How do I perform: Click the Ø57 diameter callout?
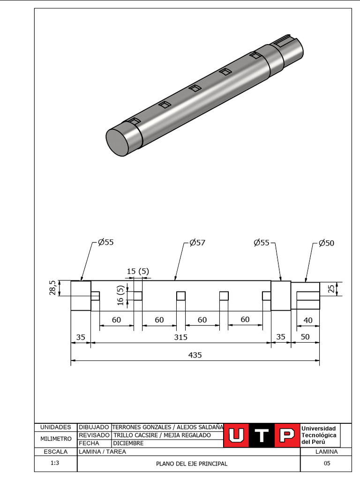[197, 243]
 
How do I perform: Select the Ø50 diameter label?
[326, 243]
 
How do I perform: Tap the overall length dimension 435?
[195, 355]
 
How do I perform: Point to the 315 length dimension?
[180, 337]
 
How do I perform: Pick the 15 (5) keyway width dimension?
[138, 271]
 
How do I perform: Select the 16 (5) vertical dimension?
[120, 296]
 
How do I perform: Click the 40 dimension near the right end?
[308, 320]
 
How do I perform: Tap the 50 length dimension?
[305, 337]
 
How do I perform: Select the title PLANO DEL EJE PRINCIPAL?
[191, 464]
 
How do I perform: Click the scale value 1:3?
[55, 463]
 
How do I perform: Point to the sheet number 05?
[327, 463]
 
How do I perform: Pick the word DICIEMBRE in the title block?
[128, 443]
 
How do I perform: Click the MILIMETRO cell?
[56, 439]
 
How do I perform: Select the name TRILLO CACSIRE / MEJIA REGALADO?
[162, 435]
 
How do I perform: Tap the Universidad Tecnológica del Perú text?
[319, 435]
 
